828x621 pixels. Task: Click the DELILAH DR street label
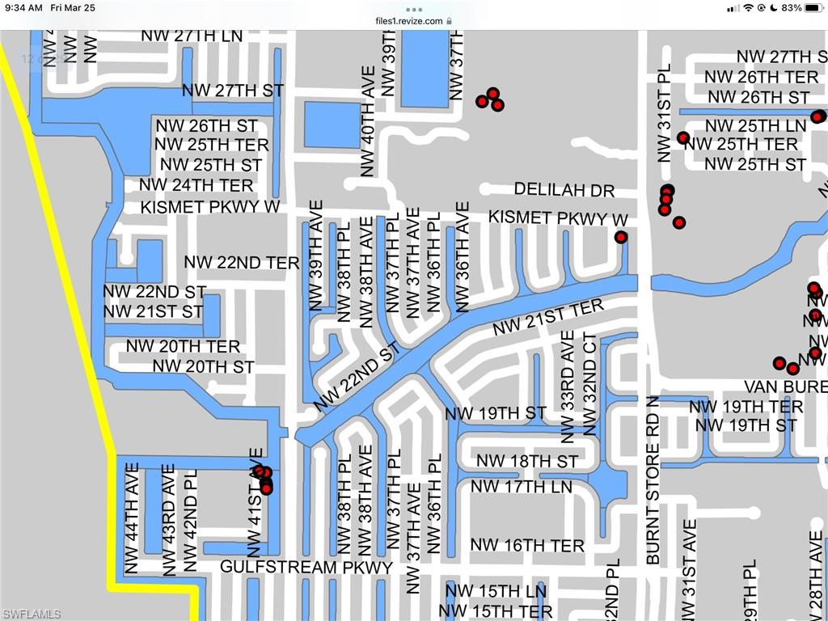(564, 191)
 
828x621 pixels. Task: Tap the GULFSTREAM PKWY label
(306, 567)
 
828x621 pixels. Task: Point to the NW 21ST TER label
(549, 318)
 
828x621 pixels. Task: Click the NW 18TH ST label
(527, 462)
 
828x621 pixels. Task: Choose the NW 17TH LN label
(522, 487)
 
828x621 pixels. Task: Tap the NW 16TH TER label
(527, 546)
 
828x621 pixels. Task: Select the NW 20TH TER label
(183, 347)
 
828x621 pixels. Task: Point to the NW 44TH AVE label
(133, 517)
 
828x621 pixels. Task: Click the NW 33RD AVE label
(568, 387)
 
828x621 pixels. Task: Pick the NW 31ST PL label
(665, 114)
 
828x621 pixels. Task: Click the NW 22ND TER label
(242, 263)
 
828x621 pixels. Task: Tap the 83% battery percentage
(792, 7)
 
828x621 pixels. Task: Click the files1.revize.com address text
(409, 21)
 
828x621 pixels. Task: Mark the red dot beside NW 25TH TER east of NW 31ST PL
(683, 138)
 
